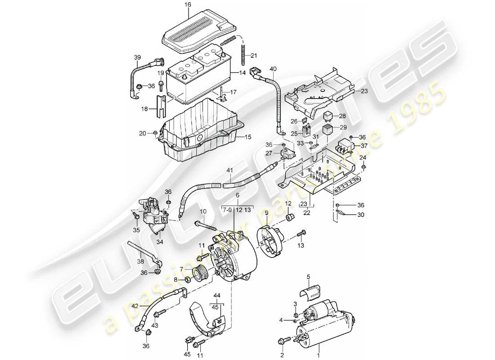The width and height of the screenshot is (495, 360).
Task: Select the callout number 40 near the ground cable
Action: coord(272,69)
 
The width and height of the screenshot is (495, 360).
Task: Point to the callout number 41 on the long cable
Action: coord(229,171)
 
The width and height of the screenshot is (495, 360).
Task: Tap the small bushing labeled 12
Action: coord(290,218)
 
